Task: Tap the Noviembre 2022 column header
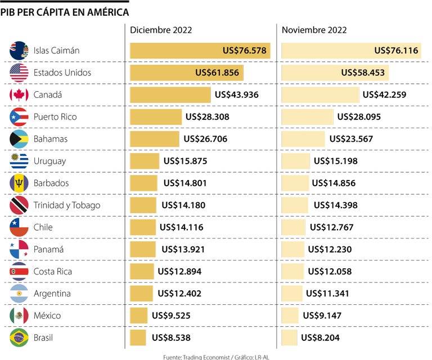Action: point(314,30)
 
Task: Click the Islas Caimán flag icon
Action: point(19,51)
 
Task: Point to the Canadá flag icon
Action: point(19,94)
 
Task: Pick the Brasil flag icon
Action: point(19,337)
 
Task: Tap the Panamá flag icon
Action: point(19,249)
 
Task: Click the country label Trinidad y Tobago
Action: point(67,205)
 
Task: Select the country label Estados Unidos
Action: point(62,73)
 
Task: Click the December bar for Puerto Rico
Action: point(156,117)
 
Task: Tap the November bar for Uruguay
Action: point(295,161)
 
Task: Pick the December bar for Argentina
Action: point(141,294)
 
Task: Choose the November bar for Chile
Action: point(293,227)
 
